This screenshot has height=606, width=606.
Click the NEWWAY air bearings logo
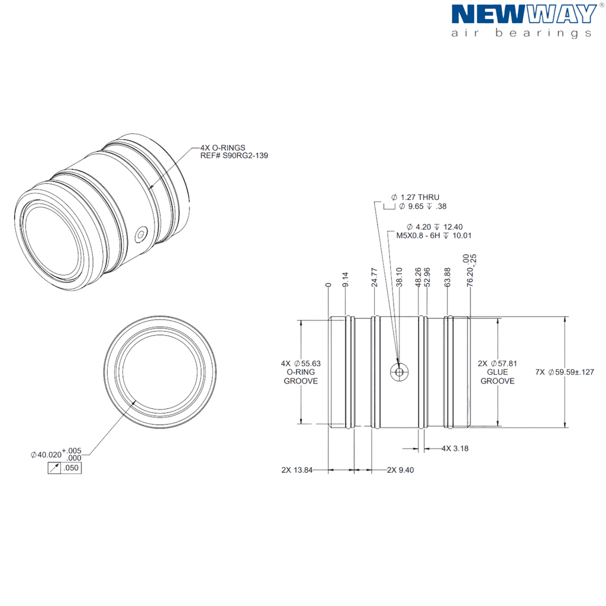524,21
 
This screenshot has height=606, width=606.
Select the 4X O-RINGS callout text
223,147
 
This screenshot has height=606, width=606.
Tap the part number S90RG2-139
245,156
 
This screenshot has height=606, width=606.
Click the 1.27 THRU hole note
415,197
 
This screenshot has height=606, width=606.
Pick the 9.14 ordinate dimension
345,279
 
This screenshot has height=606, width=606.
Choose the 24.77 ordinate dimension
374,278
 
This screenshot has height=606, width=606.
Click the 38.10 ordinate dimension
399,277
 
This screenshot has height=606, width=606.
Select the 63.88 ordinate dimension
447,277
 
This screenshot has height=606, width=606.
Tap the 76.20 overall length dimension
470,270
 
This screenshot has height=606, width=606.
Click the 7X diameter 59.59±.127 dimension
565,372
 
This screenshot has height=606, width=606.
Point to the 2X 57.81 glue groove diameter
497,372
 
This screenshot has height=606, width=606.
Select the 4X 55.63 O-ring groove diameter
301,372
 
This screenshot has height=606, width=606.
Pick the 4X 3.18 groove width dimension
455,449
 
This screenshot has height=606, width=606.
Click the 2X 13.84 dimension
297,470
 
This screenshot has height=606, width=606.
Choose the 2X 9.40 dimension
401,470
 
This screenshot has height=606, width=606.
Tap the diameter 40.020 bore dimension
56,454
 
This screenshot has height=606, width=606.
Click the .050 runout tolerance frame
65,468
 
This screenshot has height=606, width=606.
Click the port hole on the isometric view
141,234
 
